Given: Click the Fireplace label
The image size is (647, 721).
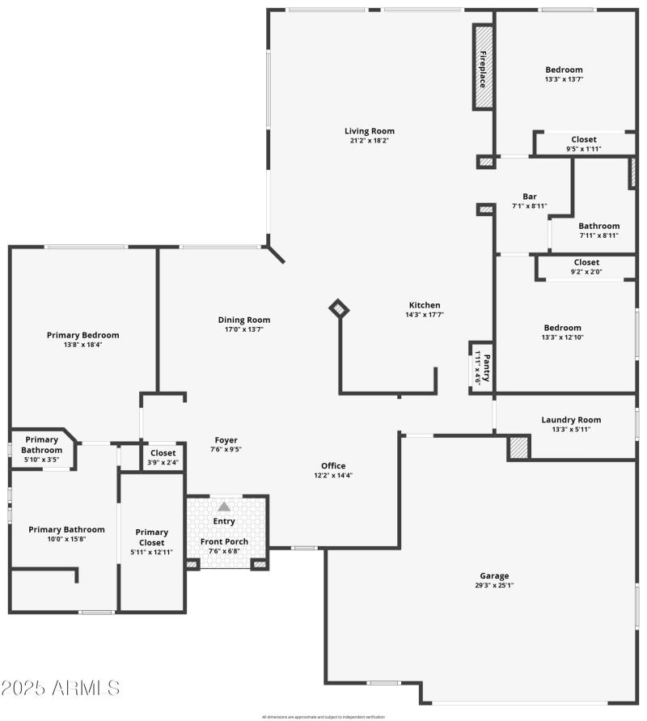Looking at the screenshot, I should pos(483,68).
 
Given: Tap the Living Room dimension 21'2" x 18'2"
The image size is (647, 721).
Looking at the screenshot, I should pos(369,142).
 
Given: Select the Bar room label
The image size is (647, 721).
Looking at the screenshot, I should pos(530,197).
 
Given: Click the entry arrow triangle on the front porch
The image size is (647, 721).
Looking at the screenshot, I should pos(224,506).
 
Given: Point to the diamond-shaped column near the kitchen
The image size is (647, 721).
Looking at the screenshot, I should pos(339,308).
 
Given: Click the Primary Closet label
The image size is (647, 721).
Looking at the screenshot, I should pos(152,537).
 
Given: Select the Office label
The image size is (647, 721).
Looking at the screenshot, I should pos(333,466).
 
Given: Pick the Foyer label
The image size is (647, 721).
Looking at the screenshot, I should pos(226,440).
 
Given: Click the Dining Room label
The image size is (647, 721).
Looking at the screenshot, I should pos(244,320).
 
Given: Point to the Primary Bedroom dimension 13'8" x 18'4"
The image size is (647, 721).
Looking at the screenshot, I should pos(82,346).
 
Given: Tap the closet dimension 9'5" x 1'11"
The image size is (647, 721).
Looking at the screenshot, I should pos(584,149).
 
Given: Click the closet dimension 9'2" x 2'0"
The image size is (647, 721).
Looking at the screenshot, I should pos(586,272).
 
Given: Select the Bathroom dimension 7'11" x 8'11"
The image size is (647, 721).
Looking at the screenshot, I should pos(598,236).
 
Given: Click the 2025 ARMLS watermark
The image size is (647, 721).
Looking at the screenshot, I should pos(61,689).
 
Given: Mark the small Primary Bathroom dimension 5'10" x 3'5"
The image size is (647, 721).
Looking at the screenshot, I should pos(41,460).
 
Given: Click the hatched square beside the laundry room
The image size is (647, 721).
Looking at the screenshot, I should pos(518,447).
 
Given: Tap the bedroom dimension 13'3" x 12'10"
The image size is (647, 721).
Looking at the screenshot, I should pos(562,338).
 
